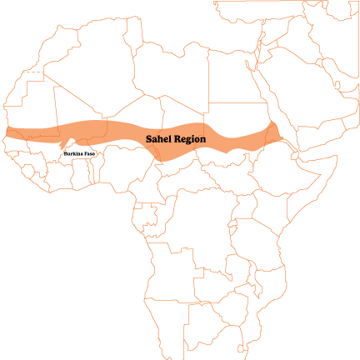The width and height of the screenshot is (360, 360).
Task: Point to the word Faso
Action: (89, 154)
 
